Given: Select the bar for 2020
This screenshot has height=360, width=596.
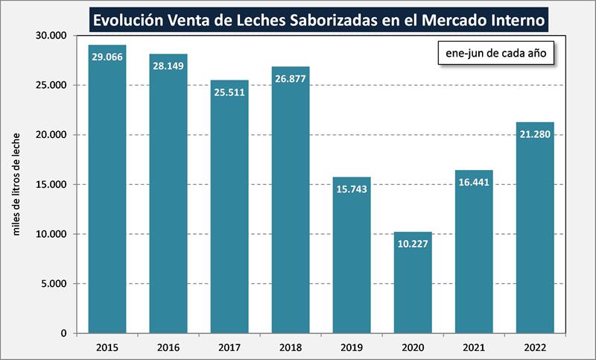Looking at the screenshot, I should point(413,282).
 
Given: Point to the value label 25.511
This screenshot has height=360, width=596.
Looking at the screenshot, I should point(229,92).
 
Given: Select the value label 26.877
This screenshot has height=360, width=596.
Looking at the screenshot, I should point(291,78).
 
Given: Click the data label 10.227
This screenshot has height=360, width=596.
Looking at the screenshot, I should point(413,243).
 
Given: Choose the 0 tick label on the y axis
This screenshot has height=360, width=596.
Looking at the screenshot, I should point(65,333).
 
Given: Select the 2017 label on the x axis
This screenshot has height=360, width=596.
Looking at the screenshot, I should point(229,347).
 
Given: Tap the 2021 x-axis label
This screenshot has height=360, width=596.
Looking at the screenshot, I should point(474,347).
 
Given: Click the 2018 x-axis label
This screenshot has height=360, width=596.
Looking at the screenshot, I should point(291,347).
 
